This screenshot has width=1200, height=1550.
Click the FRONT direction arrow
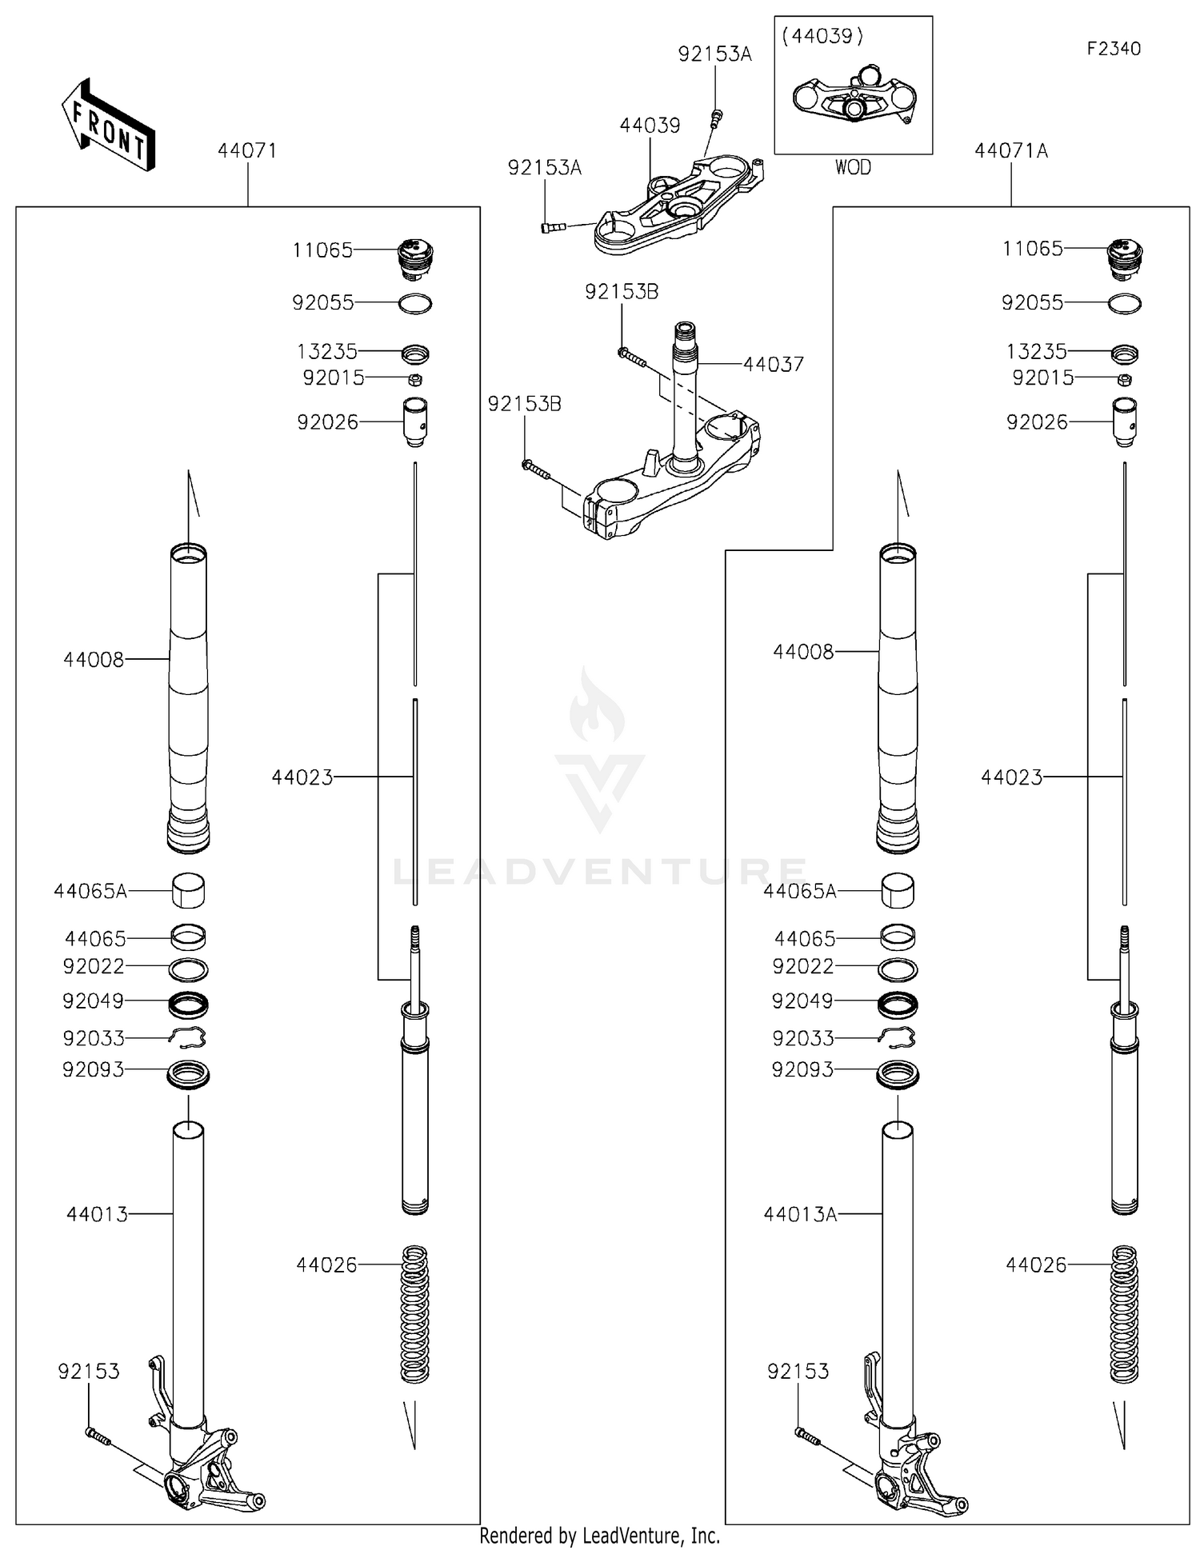(x=108, y=126)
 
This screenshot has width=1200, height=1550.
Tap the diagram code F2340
(x=1113, y=49)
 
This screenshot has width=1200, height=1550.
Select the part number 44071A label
(x=1010, y=150)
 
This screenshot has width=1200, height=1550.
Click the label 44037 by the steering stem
(x=773, y=364)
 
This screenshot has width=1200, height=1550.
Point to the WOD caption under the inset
(x=853, y=167)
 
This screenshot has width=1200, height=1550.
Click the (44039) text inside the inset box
(x=823, y=36)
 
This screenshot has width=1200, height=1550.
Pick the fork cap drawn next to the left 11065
(x=414, y=258)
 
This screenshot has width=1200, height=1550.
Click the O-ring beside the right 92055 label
(x=1125, y=304)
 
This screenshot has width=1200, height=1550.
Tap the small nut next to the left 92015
(x=415, y=378)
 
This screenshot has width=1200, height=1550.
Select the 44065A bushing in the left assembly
(x=189, y=890)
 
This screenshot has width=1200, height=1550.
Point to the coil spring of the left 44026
(x=414, y=1313)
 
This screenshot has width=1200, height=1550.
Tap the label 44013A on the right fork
(x=800, y=1214)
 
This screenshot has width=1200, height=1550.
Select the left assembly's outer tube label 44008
(x=94, y=659)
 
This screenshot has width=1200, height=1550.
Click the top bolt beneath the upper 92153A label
(x=716, y=118)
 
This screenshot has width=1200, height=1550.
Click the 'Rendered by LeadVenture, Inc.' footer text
(x=600, y=1536)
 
